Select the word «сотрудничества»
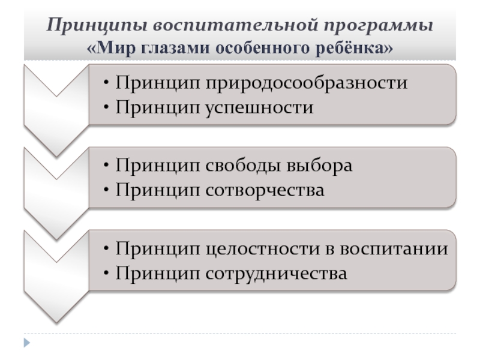276,274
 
